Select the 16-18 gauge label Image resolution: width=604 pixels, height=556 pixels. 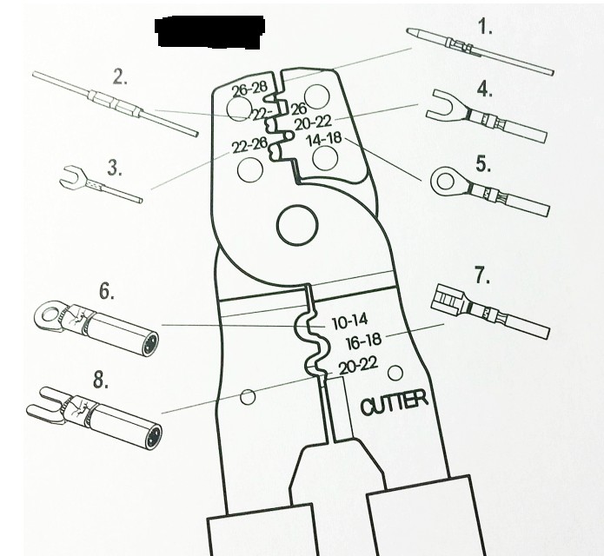coord(364,341)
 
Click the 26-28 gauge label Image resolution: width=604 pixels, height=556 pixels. coord(249,89)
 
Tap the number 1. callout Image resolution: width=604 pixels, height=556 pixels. coord(485,27)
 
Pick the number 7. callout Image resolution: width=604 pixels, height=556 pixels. coord(482,277)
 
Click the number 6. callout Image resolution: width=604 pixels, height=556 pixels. coord(106,292)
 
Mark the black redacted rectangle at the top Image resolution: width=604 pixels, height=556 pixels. coord(209,31)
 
